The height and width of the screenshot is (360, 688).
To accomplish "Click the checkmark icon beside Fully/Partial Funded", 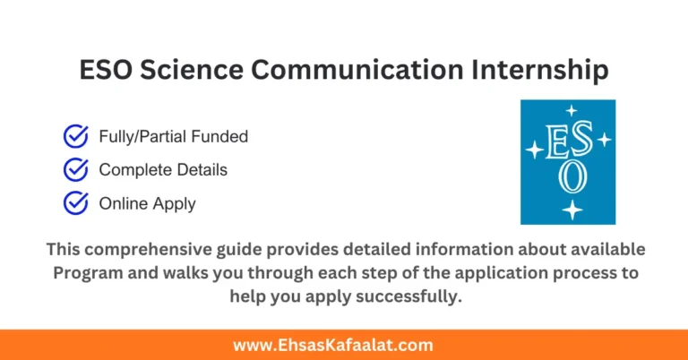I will pyautogui.click(x=75, y=136).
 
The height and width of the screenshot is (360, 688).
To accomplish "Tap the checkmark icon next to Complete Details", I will pyautogui.click(x=75, y=169).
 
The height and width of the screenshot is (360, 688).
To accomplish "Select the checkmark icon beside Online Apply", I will pyautogui.click(x=75, y=203).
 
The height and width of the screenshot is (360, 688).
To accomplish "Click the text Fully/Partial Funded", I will pyautogui.click(x=173, y=137).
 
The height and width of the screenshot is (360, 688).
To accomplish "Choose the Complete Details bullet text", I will pyautogui.click(x=163, y=170).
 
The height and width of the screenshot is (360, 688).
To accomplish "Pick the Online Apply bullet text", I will pyautogui.click(x=147, y=203).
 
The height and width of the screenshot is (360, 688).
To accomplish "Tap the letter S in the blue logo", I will pyautogui.click(x=582, y=142).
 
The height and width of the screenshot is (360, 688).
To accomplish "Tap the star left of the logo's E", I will pyautogui.click(x=534, y=150).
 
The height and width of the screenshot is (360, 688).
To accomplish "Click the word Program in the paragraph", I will pyautogui.click(x=87, y=272).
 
